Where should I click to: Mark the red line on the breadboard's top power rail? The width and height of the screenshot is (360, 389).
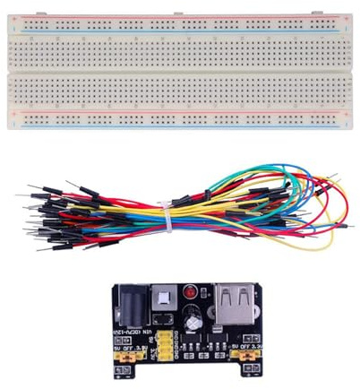click(179, 18)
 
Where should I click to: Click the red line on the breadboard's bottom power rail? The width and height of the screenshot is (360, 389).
click(179, 111)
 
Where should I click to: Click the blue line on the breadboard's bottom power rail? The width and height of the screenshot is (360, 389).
click(179, 126)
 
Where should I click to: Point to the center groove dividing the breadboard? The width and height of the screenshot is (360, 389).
click(179, 71)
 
